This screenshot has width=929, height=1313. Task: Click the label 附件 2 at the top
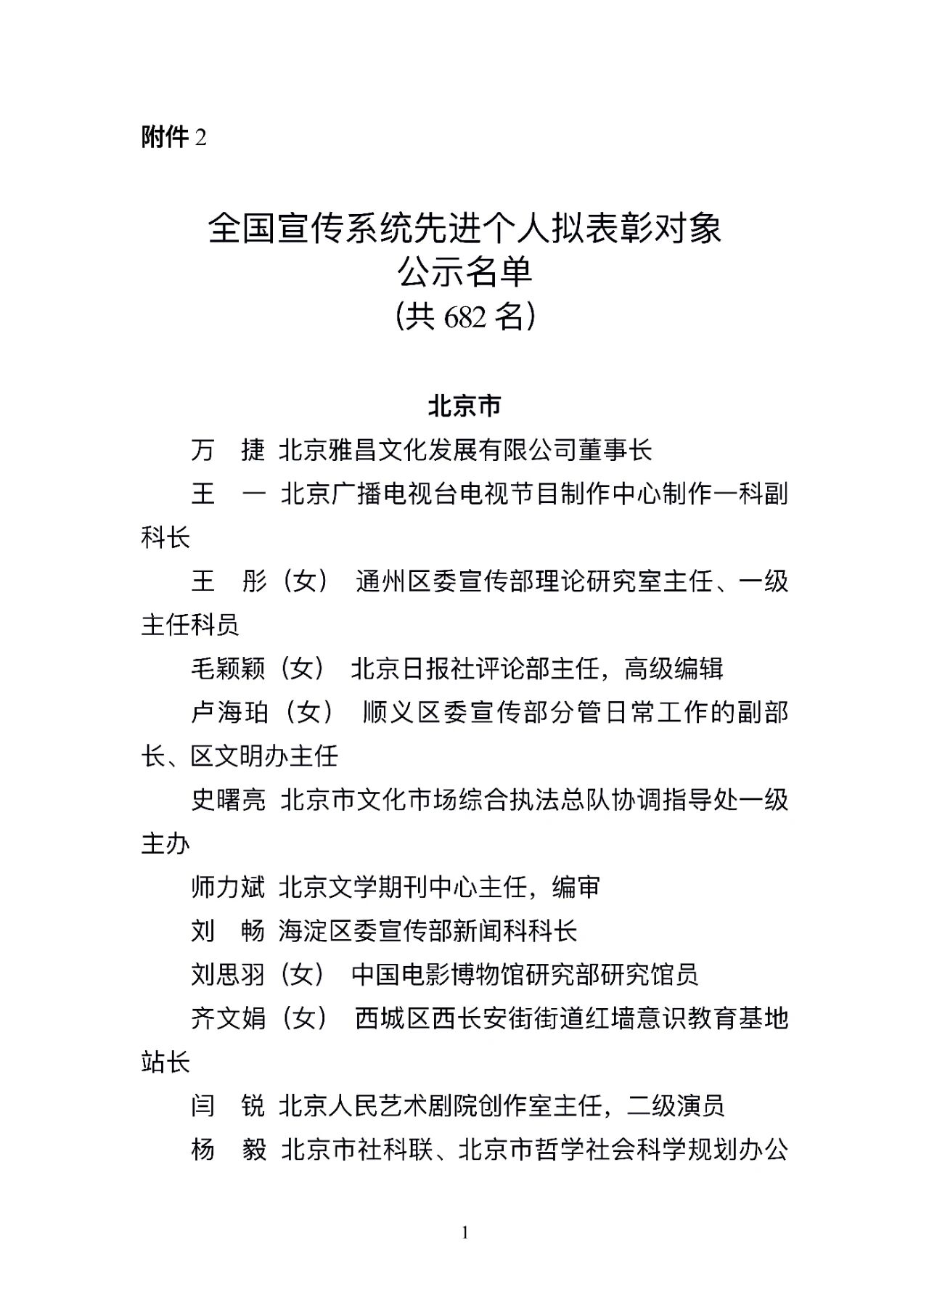173,136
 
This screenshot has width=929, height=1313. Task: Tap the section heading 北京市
464,406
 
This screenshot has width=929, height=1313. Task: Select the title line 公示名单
464,272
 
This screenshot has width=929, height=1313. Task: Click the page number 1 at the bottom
464,1232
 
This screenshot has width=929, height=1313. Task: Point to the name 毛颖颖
228,668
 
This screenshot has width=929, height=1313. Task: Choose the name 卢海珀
228,713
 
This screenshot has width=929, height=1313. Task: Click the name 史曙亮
228,800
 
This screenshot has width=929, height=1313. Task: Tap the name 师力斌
228,887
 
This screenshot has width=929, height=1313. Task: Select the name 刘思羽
228,975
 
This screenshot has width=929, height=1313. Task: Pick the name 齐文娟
228,1018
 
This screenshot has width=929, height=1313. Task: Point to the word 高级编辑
674,668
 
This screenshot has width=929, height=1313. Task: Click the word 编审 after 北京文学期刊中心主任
576,887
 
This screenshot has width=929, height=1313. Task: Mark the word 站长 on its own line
165,1063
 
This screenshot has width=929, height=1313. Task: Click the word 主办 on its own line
165,844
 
